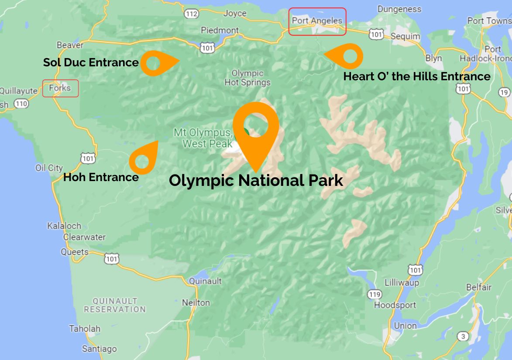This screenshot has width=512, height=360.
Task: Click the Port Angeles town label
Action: point(317,21)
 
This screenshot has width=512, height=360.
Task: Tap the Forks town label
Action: point(60,88)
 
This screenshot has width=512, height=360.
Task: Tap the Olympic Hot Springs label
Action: point(247,78)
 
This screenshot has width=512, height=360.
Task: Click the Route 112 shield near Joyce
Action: point(191,14)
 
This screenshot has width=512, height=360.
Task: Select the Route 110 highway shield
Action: point(21,104)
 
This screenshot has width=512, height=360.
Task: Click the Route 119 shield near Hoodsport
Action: point(374,295)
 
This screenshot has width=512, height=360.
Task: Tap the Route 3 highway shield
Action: point(463,336)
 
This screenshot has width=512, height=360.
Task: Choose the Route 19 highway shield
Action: point(504,92)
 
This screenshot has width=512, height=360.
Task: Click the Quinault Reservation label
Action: point(115,305)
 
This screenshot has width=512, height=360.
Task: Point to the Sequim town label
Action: point(405,36)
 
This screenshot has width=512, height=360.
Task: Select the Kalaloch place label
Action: point(64,226)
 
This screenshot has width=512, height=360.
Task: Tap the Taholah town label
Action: point(85,329)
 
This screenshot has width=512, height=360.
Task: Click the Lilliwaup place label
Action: point(402,283)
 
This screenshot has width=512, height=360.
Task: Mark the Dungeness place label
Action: point(399,9)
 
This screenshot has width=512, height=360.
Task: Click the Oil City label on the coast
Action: point(49,168)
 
